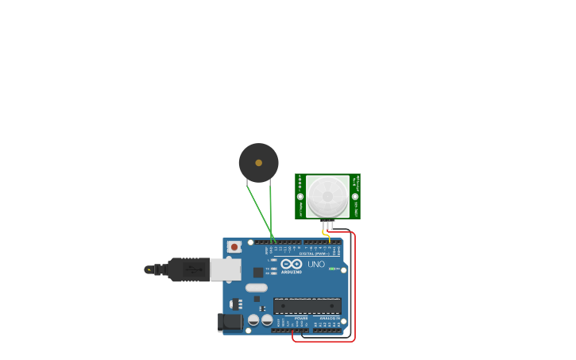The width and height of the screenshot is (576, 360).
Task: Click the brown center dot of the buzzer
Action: [x=258, y=163]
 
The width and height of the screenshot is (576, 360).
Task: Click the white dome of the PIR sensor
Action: [x=327, y=196]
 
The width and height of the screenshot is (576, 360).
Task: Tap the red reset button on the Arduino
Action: [x=234, y=247]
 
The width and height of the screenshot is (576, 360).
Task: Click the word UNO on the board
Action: [x=316, y=264]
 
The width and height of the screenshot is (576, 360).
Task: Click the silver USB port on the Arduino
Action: [x=226, y=269]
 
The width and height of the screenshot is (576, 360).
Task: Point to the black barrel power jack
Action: [x=230, y=322]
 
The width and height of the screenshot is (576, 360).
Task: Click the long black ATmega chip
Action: [x=307, y=305]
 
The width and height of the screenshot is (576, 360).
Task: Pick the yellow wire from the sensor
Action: [x=327, y=236]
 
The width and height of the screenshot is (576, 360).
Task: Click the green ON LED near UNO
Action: [x=332, y=269]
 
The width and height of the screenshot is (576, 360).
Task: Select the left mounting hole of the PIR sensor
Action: [x=300, y=196]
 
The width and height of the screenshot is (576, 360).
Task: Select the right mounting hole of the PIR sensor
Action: [x=355, y=196]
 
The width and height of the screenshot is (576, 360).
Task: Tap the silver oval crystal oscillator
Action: [x=257, y=288]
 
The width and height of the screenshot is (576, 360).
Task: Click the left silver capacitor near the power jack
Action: [x=253, y=319]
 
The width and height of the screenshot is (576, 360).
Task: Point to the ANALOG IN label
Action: [x=329, y=318]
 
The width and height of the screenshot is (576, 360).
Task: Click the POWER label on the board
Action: [x=300, y=318]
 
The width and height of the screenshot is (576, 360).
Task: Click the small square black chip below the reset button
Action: [x=258, y=272]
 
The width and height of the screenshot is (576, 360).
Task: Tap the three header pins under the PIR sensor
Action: [x=327, y=225]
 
